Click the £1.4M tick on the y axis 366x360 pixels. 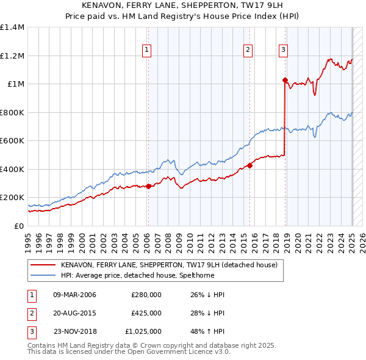tap(13, 27)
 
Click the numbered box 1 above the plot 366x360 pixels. tap(148, 51)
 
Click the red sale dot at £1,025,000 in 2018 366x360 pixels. tap(285, 80)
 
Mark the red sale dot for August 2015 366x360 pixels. tap(249, 165)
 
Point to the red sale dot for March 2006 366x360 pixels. tap(148, 186)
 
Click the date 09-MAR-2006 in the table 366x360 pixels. tap(75, 295)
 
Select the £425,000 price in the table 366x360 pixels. tap(146, 313)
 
